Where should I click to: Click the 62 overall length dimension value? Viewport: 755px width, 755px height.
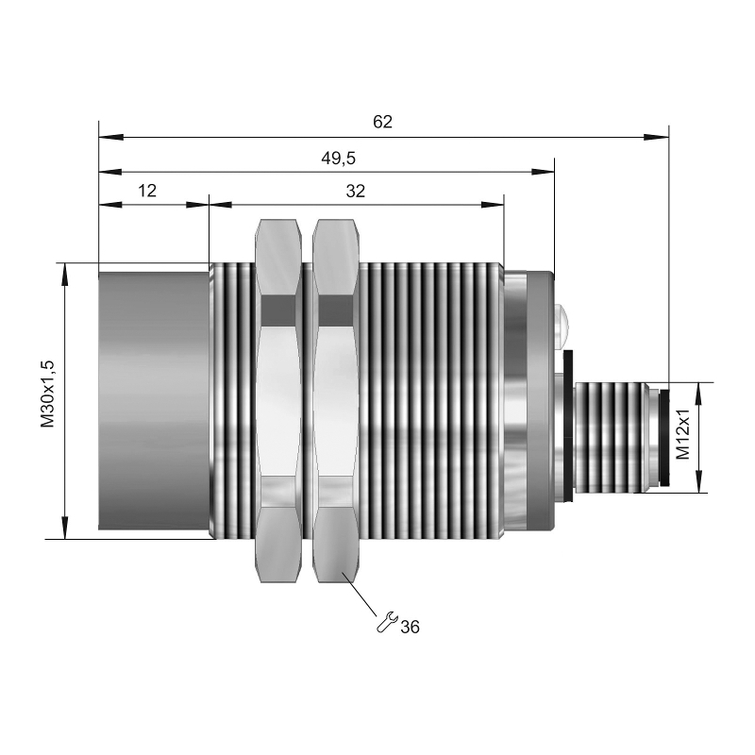[383, 122]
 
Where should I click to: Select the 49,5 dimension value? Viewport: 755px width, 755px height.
[339, 158]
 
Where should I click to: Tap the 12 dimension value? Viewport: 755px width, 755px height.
[147, 191]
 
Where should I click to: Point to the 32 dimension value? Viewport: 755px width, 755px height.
[356, 192]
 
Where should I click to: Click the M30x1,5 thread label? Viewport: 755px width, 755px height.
[48, 394]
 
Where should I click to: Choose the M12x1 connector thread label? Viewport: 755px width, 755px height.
[682, 434]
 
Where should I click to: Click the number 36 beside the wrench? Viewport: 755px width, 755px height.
[411, 627]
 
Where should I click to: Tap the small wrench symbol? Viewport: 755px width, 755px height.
[387, 622]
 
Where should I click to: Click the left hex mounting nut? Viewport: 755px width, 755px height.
[279, 400]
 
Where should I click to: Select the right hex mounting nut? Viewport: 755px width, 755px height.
[336, 400]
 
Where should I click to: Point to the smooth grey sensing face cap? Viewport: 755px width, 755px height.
[154, 401]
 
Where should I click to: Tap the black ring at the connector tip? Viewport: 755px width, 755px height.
[664, 438]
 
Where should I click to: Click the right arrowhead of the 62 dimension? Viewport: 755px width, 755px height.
[656, 137]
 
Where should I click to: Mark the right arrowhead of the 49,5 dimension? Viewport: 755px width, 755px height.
[542, 172]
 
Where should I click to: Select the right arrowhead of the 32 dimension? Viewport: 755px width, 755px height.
[492, 205]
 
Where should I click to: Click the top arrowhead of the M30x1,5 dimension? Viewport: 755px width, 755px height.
[64, 275]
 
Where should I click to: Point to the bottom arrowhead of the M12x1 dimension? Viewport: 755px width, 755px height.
[698, 480]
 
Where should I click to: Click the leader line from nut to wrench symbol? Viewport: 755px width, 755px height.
[360, 595]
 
